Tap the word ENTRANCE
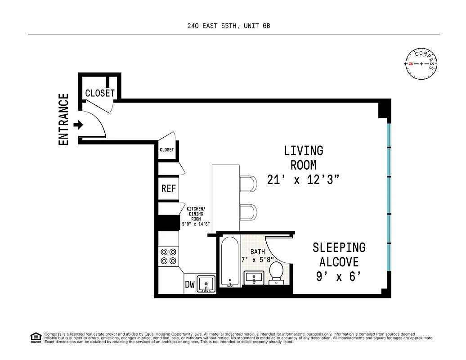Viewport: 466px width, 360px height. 64,120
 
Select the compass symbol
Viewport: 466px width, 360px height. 421,63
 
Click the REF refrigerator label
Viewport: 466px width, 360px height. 169,189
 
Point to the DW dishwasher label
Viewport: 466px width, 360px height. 190,284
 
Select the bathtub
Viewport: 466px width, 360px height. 229,261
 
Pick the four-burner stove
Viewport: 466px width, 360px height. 169,256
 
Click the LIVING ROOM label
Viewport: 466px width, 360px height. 303,157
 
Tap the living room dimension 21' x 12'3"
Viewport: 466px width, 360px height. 303,180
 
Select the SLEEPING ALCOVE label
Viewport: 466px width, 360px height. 339,254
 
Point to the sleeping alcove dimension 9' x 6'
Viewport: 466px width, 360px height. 339,276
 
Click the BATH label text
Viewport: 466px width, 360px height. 258,252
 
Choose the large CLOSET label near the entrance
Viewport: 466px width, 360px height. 100,93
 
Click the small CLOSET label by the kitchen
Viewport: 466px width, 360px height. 166,150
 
